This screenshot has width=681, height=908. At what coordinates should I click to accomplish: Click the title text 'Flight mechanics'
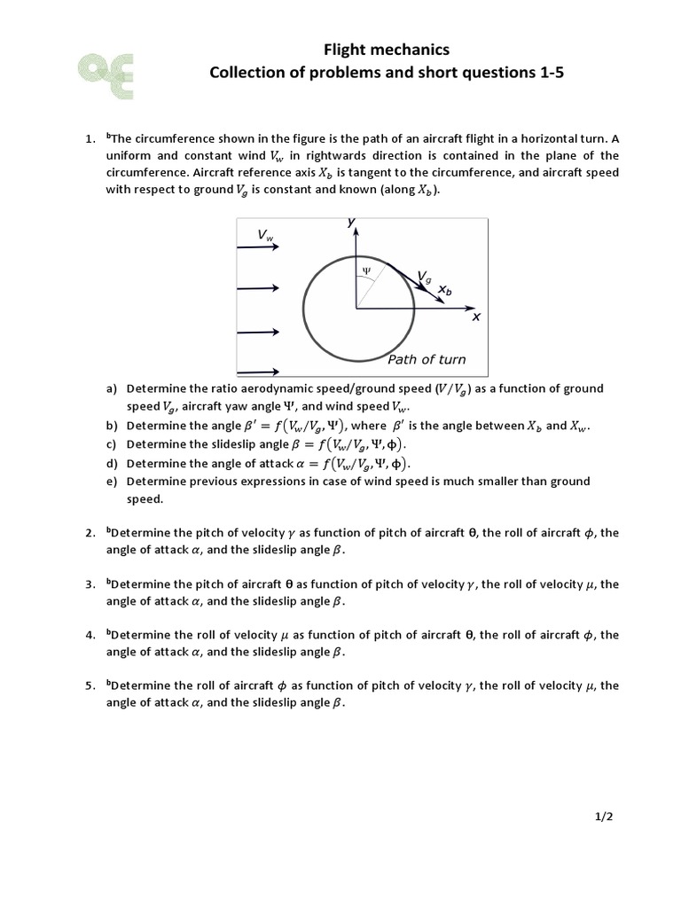point(386,51)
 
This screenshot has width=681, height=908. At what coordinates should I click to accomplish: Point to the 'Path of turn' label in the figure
point(426,359)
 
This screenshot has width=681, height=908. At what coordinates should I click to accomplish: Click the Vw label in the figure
point(266,235)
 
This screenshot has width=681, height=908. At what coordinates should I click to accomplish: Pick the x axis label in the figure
point(475,317)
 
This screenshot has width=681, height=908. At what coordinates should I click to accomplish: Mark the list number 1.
point(90,139)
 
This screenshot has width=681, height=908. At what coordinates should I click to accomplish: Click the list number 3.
point(90,584)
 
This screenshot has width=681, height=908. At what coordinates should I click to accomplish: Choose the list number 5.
point(90,685)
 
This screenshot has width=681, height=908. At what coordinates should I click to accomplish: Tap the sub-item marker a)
point(112,388)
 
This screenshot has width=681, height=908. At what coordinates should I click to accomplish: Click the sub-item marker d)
point(112,463)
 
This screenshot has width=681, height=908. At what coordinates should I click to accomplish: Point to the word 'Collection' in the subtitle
point(249,74)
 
